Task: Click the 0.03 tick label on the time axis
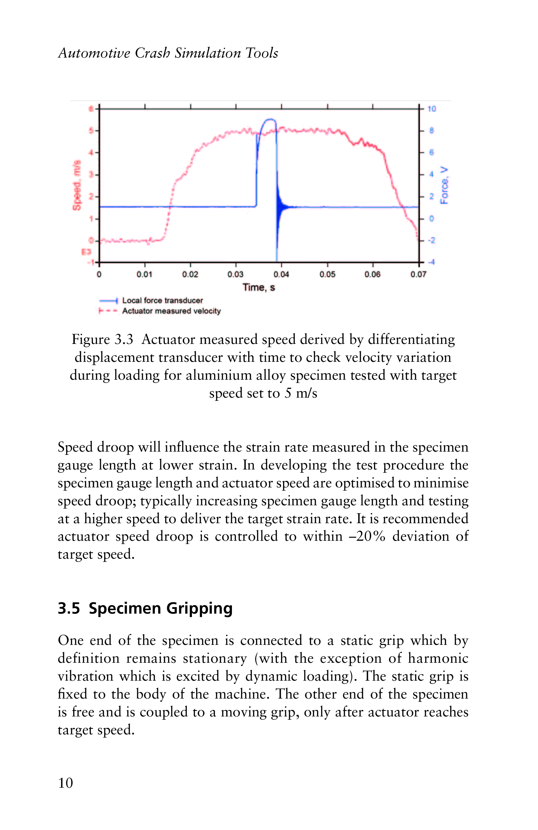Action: [235, 275]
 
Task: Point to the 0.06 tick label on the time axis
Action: [372, 275]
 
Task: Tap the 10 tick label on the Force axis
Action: [432, 109]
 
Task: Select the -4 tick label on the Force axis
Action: [431, 262]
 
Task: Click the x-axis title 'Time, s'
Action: [259, 287]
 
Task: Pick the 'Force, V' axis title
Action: [444, 185]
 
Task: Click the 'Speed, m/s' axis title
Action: [77, 185]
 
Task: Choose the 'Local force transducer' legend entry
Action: [163, 300]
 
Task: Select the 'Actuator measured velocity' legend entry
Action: [171, 311]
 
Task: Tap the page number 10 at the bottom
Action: [66, 783]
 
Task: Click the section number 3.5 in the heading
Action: [69, 608]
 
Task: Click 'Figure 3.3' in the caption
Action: [102, 339]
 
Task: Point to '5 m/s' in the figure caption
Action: [301, 393]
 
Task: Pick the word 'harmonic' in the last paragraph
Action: [438, 659]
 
